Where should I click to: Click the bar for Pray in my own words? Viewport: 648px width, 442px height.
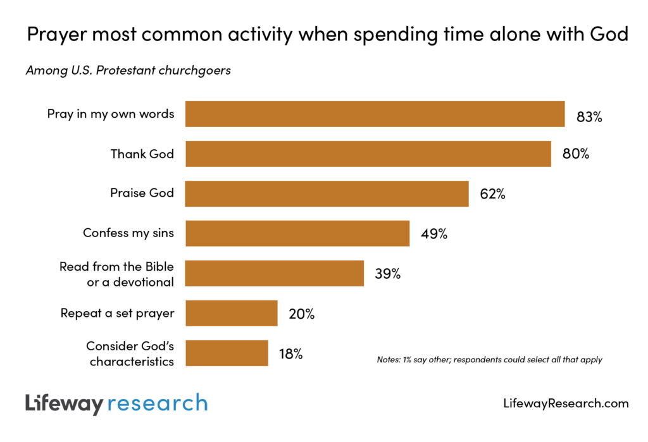coord(375,114)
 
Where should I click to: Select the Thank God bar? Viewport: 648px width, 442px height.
coord(368,154)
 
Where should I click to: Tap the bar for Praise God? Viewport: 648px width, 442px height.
coord(327,193)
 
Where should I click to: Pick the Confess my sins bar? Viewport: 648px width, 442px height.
coord(297,233)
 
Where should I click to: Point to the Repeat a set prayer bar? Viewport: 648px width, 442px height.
coord(231,313)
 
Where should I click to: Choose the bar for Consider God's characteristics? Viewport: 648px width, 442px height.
coord(227,353)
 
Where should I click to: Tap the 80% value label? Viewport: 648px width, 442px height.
coord(576,154)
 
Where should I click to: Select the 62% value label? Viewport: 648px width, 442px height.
coord(492,194)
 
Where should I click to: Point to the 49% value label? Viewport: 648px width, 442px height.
coord(434,234)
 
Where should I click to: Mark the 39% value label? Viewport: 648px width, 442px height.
coord(387,274)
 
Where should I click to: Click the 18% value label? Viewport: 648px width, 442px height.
coord(290,354)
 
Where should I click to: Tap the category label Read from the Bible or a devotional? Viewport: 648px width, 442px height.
coord(116,274)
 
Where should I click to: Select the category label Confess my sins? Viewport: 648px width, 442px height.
coord(128,233)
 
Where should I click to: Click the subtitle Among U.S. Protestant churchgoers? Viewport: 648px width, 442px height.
coord(128,70)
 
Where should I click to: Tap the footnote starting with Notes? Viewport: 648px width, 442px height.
coord(489,360)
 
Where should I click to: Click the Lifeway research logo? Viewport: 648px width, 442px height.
coord(116,403)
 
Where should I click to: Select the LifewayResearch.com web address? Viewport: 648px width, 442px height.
coord(566,403)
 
